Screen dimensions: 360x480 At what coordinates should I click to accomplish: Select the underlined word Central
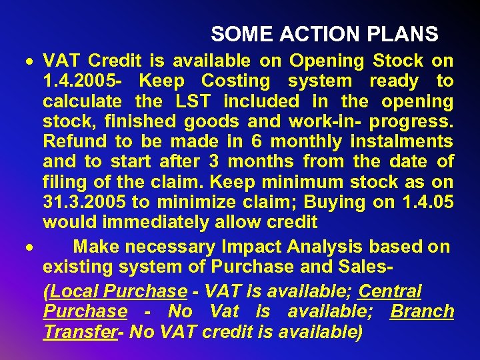coord(390,291)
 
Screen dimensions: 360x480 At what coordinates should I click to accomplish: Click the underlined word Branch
coord(422,311)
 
